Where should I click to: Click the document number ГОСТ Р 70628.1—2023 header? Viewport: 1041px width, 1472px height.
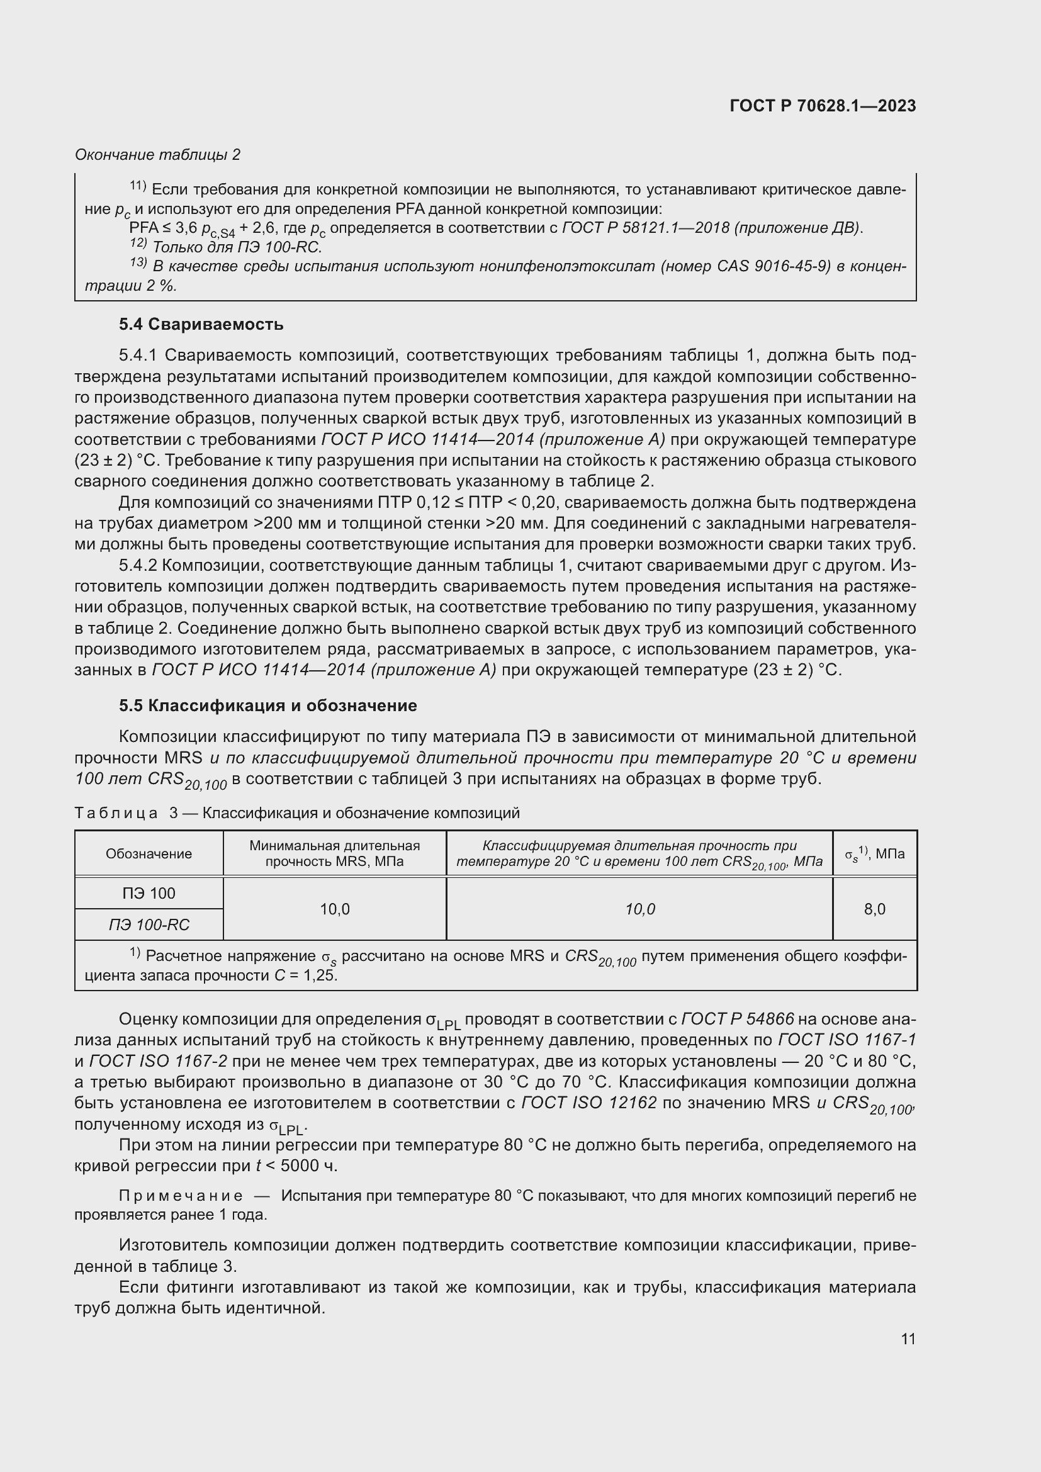[x=823, y=106]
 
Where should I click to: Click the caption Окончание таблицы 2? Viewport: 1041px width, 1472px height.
[x=158, y=155]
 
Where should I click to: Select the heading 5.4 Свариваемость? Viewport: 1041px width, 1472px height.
[x=201, y=324]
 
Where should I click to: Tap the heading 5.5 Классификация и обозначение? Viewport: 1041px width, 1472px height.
[x=267, y=705]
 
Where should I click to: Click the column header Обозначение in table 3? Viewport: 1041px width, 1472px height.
[x=149, y=853]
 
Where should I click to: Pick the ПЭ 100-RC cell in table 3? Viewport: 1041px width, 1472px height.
[x=149, y=924]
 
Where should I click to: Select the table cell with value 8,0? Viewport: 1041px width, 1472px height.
[x=874, y=909]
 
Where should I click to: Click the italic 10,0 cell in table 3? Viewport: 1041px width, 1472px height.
[x=639, y=909]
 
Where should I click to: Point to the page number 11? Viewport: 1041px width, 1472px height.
[x=908, y=1339]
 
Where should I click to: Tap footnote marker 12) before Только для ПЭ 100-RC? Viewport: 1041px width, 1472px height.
[x=138, y=244]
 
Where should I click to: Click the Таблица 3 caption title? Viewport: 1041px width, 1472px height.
[x=297, y=813]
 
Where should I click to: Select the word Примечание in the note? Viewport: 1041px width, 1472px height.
[x=181, y=1196]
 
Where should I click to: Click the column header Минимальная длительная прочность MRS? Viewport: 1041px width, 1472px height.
[x=335, y=853]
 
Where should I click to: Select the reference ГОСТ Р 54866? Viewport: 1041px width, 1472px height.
[x=738, y=1019]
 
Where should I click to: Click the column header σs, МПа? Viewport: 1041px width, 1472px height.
[x=874, y=853]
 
